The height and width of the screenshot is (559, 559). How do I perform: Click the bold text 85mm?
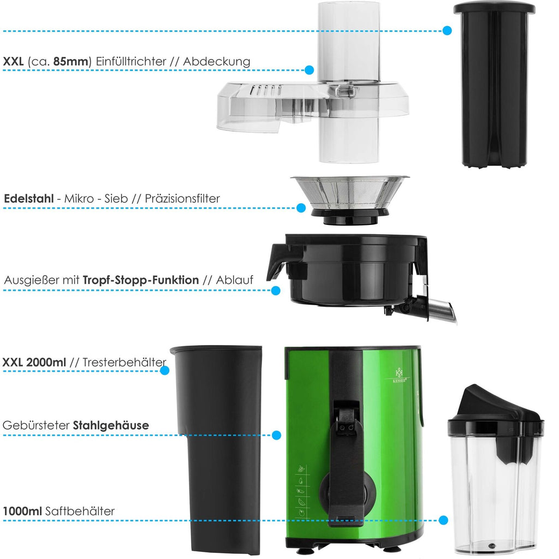pyautogui.click(x=70, y=61)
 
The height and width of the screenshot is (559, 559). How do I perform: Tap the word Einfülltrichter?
pyautogui.click(x=131, y=61)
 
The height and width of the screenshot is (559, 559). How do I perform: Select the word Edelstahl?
pyautogui.click(x=29, y=199)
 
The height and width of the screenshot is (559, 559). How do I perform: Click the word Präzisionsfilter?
pyautogui.click(x=182, y=199)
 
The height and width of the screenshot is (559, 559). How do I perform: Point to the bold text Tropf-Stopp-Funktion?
pyautogui.click(x=141, y=280)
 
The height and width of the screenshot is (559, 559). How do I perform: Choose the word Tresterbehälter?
pyautogui.click(x=124, y=362)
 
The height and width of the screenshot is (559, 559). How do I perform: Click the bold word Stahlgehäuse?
pyautogui.click(x=111, y=425)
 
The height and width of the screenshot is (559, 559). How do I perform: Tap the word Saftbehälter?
pyautogui.click(x=80, y=511)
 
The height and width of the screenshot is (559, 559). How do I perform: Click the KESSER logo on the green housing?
pyautogui.click(x=399, y=376)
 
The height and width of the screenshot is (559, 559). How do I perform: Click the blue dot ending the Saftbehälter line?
pyautogui.click(x=443, y=520)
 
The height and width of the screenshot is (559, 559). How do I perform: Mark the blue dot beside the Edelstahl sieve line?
pyautogui.click(x=301, y=208)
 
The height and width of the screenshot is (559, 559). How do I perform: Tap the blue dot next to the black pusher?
pyautogui.click(x=447, y=31)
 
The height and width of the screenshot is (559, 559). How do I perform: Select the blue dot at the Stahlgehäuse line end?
pyautogui.click(x=276, y=435)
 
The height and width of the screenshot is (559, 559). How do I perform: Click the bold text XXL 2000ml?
pyautogui.click(x=34, y=362)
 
